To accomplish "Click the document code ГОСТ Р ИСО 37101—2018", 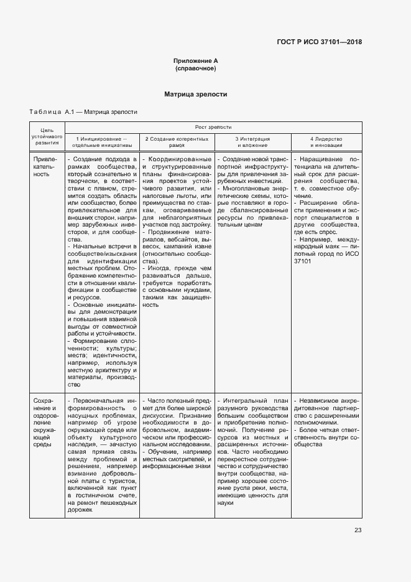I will pyautogui.click(x=319, y=42).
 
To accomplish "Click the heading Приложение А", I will pyautogui.click(x=196, y=60).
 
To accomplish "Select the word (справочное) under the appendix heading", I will pyautogui.click(x=196, y=68).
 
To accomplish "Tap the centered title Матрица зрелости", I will pyautogui.click(x=196, y=95).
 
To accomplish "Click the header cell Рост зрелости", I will pyautogui.click(x=213, y=126).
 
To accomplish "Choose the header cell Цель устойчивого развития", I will pyautogui.click(x=47, y=136).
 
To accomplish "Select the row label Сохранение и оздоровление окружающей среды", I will pyautogui.click(x=47, y=423).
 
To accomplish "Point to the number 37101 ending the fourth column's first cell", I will pyautogui.click(x=303, y=261).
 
